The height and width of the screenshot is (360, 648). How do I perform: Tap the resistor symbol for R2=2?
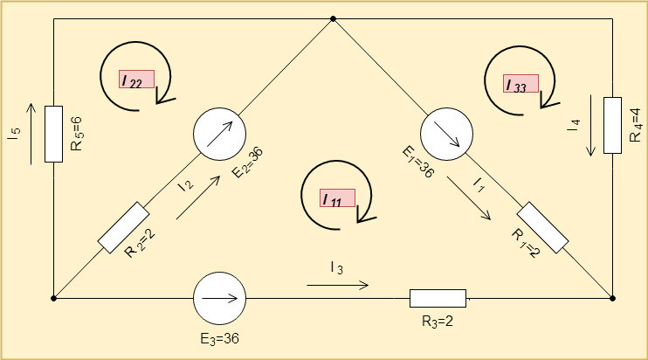tap(123, 227)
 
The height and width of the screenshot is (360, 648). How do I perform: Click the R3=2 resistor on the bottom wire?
tap(438, 298)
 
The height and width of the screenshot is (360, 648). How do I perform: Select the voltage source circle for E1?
tap(446, 135)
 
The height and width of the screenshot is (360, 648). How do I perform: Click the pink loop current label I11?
tap(337, 199)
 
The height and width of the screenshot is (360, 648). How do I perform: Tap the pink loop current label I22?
tap(137, 79)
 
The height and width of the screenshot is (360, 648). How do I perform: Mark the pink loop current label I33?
tap(520, 84)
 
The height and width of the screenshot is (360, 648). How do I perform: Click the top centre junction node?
tap(333, 17)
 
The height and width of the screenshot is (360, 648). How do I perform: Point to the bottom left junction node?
tap(54, 298)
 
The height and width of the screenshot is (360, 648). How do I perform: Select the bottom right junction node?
tap(612, 298)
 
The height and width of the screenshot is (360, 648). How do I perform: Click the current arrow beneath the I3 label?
tap(337, 285)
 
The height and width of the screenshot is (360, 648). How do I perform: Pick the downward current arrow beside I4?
tap(592, 127)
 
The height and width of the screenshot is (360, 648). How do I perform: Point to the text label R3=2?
tap(437, 321)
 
